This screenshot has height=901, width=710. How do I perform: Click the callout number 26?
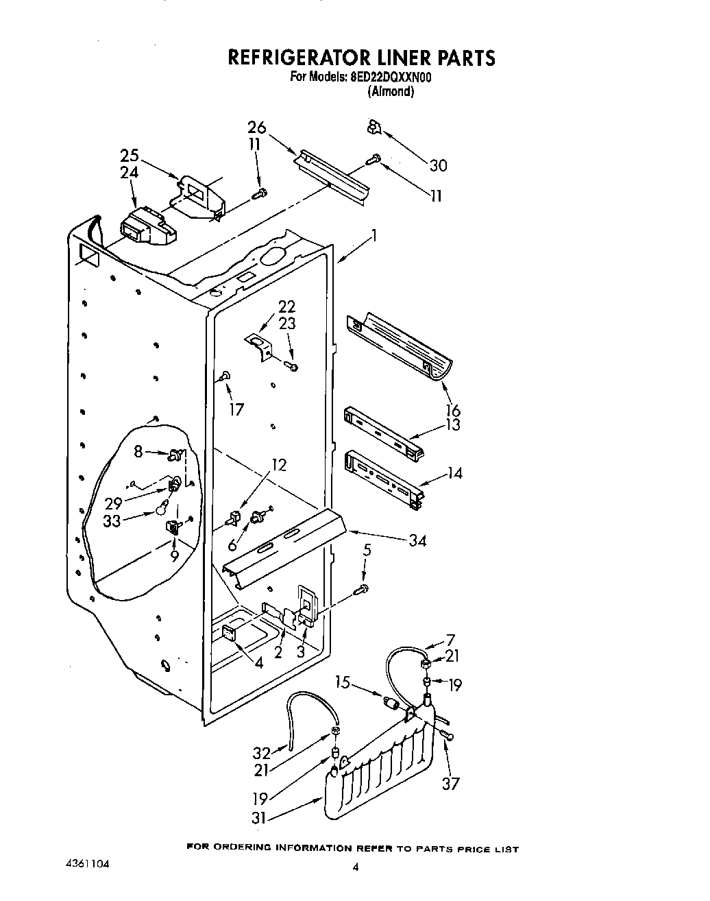pos(256,128)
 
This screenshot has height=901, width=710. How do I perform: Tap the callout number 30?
pos(438,165)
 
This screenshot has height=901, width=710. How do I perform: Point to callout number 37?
pos(450,783)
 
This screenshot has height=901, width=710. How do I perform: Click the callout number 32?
pos(262,752)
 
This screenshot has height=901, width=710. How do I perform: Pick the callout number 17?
pos(236,409)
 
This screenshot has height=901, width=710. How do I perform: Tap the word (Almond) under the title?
pos(391,92)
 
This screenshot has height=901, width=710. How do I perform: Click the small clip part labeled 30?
pos(374,126)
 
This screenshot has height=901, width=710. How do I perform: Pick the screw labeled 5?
pos(362,588)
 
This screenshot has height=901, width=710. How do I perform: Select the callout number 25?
pos(130,156)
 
